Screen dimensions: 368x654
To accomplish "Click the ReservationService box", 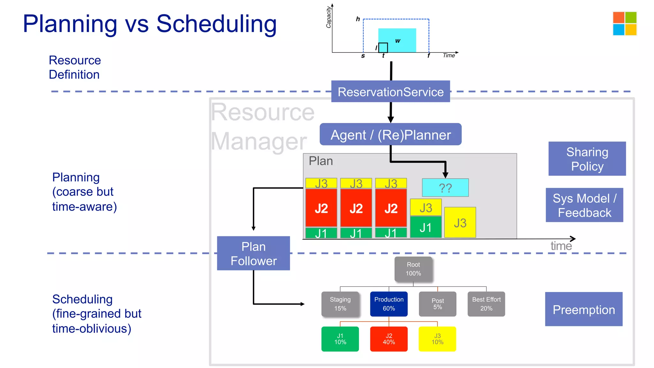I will coord(390,92).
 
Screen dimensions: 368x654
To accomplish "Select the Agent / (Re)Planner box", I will coord(390,134).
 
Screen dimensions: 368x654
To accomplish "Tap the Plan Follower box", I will coord(253,253).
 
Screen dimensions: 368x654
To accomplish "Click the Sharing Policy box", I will coord(587,159).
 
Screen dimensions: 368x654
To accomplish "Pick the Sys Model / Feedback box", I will coord(584,205).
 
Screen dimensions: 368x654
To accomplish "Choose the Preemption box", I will coord(583,309).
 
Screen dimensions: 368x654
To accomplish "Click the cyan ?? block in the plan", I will coord(445,188).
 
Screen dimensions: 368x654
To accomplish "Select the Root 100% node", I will coord(413,269).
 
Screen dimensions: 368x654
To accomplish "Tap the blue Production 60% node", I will coord(389,304).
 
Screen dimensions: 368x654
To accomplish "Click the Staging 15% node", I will coord(340,304).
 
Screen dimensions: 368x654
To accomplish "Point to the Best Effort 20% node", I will coord(486,304).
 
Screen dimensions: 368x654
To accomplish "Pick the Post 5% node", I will coord(437,304).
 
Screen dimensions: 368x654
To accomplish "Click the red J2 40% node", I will coord(389,339).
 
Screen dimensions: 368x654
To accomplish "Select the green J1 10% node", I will coord(340,339).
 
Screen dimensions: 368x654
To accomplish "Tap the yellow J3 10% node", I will coord(437,339).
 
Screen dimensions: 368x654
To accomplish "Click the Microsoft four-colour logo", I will coord(625,23).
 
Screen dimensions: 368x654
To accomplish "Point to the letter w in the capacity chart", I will coord(398,41).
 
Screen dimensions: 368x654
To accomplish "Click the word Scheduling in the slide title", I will coord(216,24).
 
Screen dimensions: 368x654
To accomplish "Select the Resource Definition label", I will coord(75,67).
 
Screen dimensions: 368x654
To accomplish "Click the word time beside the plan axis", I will coord(561,246).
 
